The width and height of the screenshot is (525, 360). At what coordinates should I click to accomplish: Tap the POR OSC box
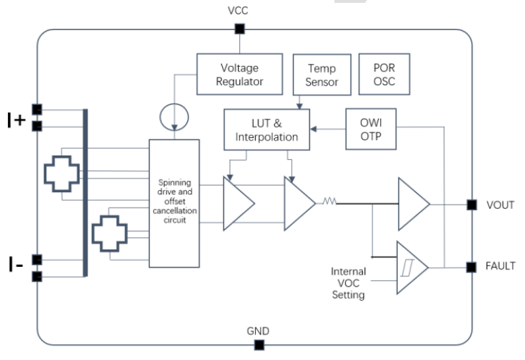point(383,74)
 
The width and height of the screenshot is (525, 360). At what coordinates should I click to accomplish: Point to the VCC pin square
point(239,29)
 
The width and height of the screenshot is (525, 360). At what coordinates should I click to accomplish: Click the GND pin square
point(258,346)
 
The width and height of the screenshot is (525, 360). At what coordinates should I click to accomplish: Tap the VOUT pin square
point(471,205)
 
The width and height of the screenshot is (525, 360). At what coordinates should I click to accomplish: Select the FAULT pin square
point(471,267)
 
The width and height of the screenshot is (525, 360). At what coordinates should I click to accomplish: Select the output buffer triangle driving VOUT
point(411,205)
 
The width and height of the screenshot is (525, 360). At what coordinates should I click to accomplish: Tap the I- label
point(16,266)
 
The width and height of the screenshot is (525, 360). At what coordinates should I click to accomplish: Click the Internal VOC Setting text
point(349,283)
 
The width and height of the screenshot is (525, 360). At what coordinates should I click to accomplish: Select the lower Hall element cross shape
point(111,233)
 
